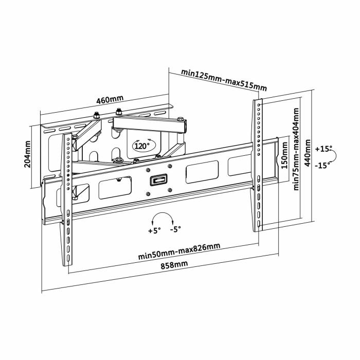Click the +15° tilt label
click(325, 149)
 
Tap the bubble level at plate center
click(158, 180)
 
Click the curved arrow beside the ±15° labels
click(332, 157)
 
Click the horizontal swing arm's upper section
click(149, 123)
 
